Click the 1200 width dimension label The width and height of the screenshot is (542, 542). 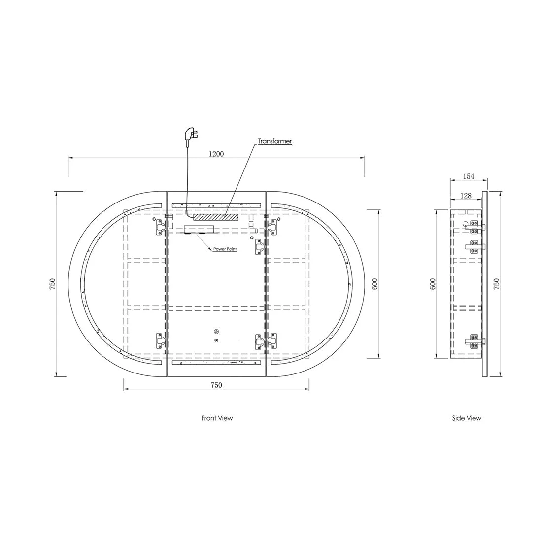(x=216, y=154)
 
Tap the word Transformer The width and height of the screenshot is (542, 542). (x=275, y=141)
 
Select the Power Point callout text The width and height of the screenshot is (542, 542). (x=225, y=249)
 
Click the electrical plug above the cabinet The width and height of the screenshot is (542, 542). (x=191, y=135)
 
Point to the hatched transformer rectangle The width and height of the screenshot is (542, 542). (x=216, y=217)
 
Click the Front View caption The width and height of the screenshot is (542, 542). (x=217, y=418)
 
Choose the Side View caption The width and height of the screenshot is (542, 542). (x=467, y=418)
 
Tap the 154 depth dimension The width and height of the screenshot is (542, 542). (x=469, y=176)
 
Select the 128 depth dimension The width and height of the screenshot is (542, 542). (x=466, y=196)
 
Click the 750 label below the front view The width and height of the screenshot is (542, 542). (x=216, y=385)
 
